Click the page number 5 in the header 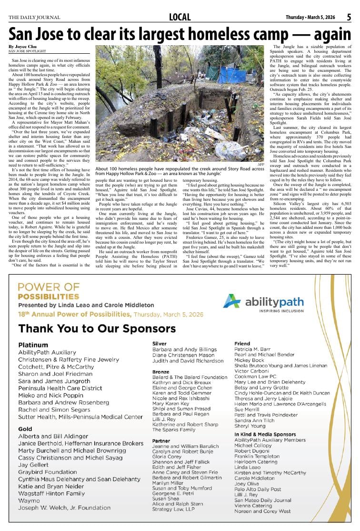pos(349,17)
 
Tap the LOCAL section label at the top pos(180,18)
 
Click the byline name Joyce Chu pos(20,47)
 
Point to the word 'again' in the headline pos(327,34)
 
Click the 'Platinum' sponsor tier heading pos(33,344)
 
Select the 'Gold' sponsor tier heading pos(25,429)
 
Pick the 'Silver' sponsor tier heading pos(159,343)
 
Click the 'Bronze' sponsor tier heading pos(161,372)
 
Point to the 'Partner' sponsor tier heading pos(161,441)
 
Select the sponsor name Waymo pos(29,501)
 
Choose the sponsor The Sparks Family pos(173,430)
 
